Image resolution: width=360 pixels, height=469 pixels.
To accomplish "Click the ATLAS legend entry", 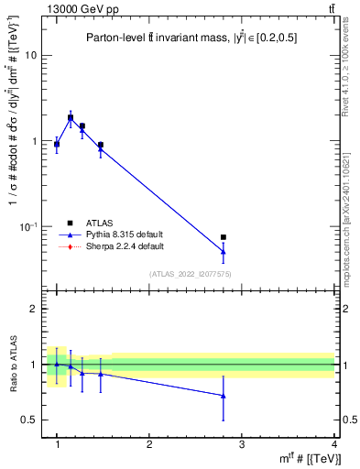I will coord(102,222).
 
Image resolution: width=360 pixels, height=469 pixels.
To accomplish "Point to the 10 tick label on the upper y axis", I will coord(33,55).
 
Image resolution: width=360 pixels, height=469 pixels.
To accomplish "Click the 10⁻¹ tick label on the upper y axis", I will coord(30,226).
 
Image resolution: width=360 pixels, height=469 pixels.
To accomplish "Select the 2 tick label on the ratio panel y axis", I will coord(37,309).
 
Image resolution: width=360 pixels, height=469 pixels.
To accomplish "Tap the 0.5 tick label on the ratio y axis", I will coord(32,420).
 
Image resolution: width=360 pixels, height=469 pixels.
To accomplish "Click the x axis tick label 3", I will coord(241,444).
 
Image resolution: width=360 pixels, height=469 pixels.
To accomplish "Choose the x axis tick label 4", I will coord(333,444).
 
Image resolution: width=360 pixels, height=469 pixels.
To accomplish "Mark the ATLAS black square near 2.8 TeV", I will coord(224,237).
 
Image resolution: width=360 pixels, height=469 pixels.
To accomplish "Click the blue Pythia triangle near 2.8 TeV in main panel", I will coord(224,252).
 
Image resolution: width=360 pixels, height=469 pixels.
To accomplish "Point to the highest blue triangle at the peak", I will coord(71,118).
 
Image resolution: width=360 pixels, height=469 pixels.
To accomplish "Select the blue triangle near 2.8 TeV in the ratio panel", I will coord(224,396).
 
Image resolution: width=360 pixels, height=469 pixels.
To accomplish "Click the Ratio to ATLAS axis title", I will coord(13,364).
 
